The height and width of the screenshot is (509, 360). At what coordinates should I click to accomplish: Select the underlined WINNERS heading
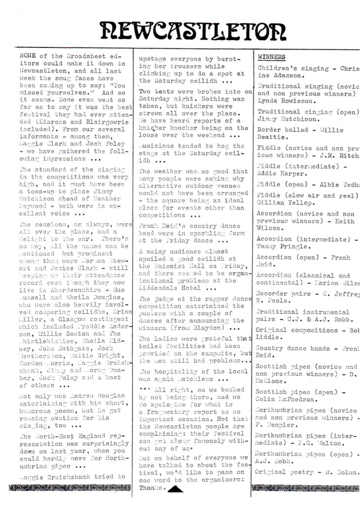coord(272,57)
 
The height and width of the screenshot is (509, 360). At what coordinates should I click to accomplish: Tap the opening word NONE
coord(29,56)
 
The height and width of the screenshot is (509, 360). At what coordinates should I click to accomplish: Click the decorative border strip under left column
coord(68,488)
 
